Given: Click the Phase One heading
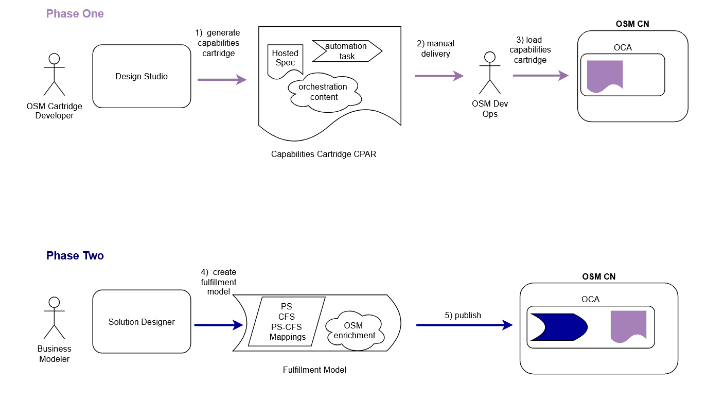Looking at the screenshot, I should coord(75,14).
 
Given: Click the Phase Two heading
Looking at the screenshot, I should coord(75,256).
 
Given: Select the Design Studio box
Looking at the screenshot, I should coord(142,76).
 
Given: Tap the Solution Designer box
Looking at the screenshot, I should coord(142,322).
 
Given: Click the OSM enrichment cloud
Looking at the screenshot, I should coord(354,331).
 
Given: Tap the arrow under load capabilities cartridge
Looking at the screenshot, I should coord(540,76).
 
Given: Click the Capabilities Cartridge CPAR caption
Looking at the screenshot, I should coord(324,154).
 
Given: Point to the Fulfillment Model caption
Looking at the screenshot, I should coord(314,370).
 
